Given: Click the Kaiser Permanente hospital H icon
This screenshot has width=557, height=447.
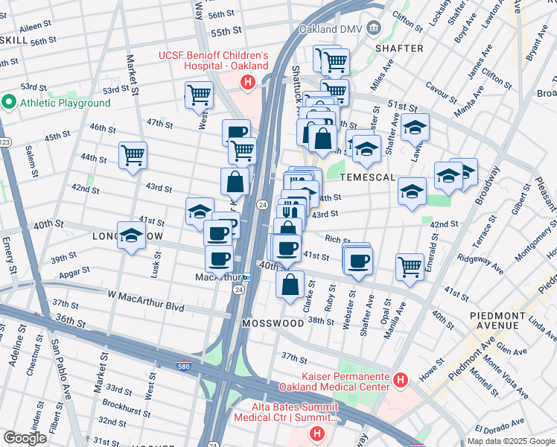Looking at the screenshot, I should pyautogui.click(x=401, y=381).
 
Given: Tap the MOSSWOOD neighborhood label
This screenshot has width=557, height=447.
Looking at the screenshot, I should pyautogui.click(x=273, y=323).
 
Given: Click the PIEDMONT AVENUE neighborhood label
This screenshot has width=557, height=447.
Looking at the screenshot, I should pyautogui.click(x=499, y=320).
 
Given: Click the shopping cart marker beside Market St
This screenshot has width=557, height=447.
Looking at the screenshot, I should pyautogui.click(x=133, y=156).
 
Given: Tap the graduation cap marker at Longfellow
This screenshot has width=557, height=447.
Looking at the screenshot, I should pyautogui.click(x=131, y=236).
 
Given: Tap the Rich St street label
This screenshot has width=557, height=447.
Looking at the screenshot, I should pyautogui.click(x=337, y=240).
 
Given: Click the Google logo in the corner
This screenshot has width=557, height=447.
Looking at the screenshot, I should pyautogui.click(x=25, y=438).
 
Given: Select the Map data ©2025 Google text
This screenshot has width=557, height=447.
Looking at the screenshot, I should pyautogui.click(x=510, y=441).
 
